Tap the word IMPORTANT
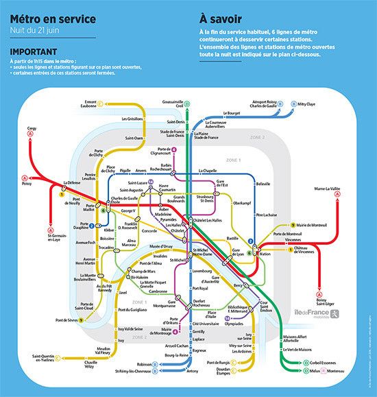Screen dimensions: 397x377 tap(34, 51)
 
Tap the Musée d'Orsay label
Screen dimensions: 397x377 tap(161, 246)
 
